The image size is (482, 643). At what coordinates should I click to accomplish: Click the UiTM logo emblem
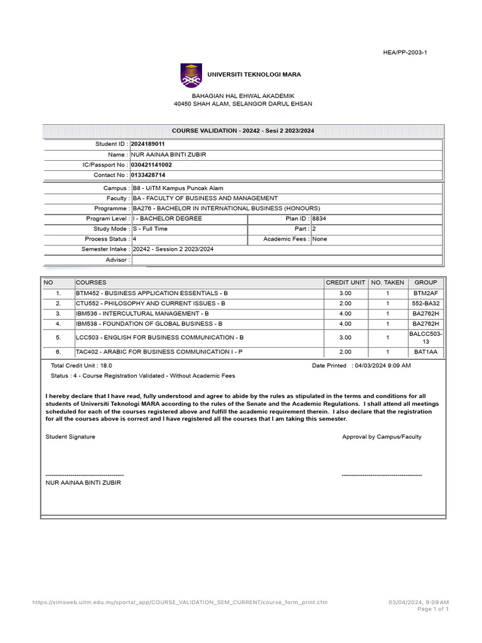(x=191, y=75)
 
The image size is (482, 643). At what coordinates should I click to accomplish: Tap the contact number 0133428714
(x=148, y=175)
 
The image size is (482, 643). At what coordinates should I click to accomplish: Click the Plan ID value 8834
(x=319, y=219)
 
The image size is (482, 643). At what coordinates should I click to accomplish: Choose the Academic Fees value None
(x=319, y=239)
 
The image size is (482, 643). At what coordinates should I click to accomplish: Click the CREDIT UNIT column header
(x=345, y=283)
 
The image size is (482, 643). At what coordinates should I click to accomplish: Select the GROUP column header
(x=426, y=283)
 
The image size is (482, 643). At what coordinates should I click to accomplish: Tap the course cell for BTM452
(x=152, y=293)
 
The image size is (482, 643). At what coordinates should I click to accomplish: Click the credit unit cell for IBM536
(x=345, y=313)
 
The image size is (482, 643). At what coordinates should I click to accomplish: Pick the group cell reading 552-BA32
(x=426, y=303)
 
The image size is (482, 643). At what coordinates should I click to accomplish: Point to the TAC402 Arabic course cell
(x=159, y=352)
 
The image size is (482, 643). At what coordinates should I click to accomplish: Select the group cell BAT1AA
(x=426, y=352)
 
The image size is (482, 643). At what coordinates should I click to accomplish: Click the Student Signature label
(x=70, y=436)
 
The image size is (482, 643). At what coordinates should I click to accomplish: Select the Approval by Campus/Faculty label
(x=382, y=436)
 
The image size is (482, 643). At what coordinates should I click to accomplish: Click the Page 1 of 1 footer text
(x=433, y=609)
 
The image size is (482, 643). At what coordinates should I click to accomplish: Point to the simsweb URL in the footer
(x=179, y=602)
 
